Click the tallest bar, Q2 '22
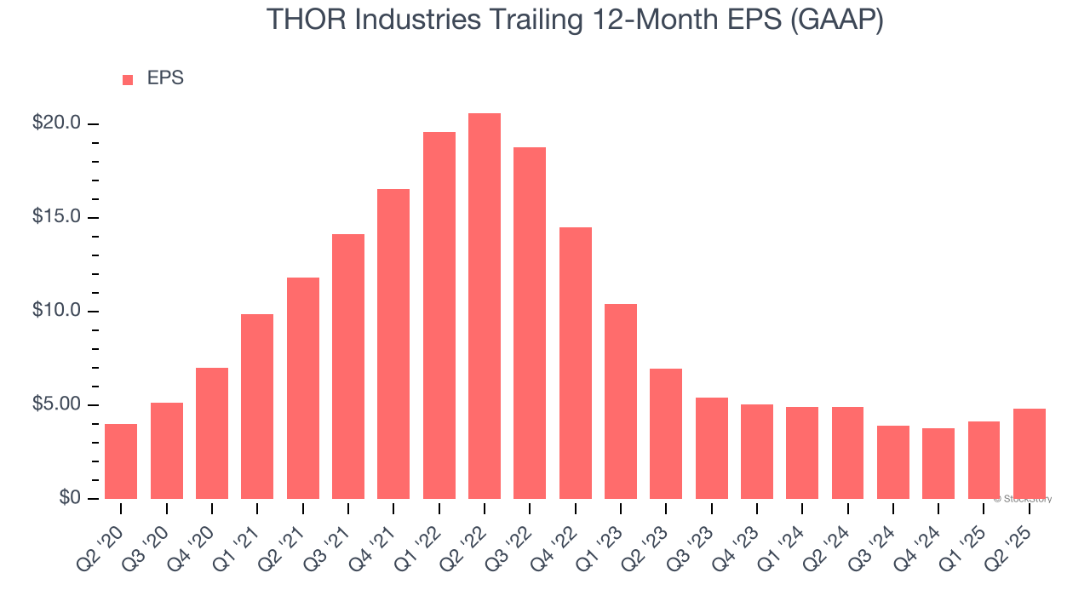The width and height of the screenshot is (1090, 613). tap(485, 306)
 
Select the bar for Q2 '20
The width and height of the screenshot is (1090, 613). tap(121, 461)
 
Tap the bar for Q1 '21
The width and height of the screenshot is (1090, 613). tap(257, 406)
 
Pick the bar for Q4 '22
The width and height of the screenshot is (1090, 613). tap(575, 363)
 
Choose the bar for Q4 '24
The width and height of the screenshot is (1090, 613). tap(938, 463)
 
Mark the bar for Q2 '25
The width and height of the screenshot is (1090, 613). tap(1029, 454)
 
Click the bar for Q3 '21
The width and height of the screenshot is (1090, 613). tap(348, 366)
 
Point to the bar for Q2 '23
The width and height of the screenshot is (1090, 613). tap(666, 433)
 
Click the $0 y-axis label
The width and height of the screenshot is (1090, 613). tap(69, 498)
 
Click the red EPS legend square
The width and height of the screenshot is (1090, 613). tap(128, 79)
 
